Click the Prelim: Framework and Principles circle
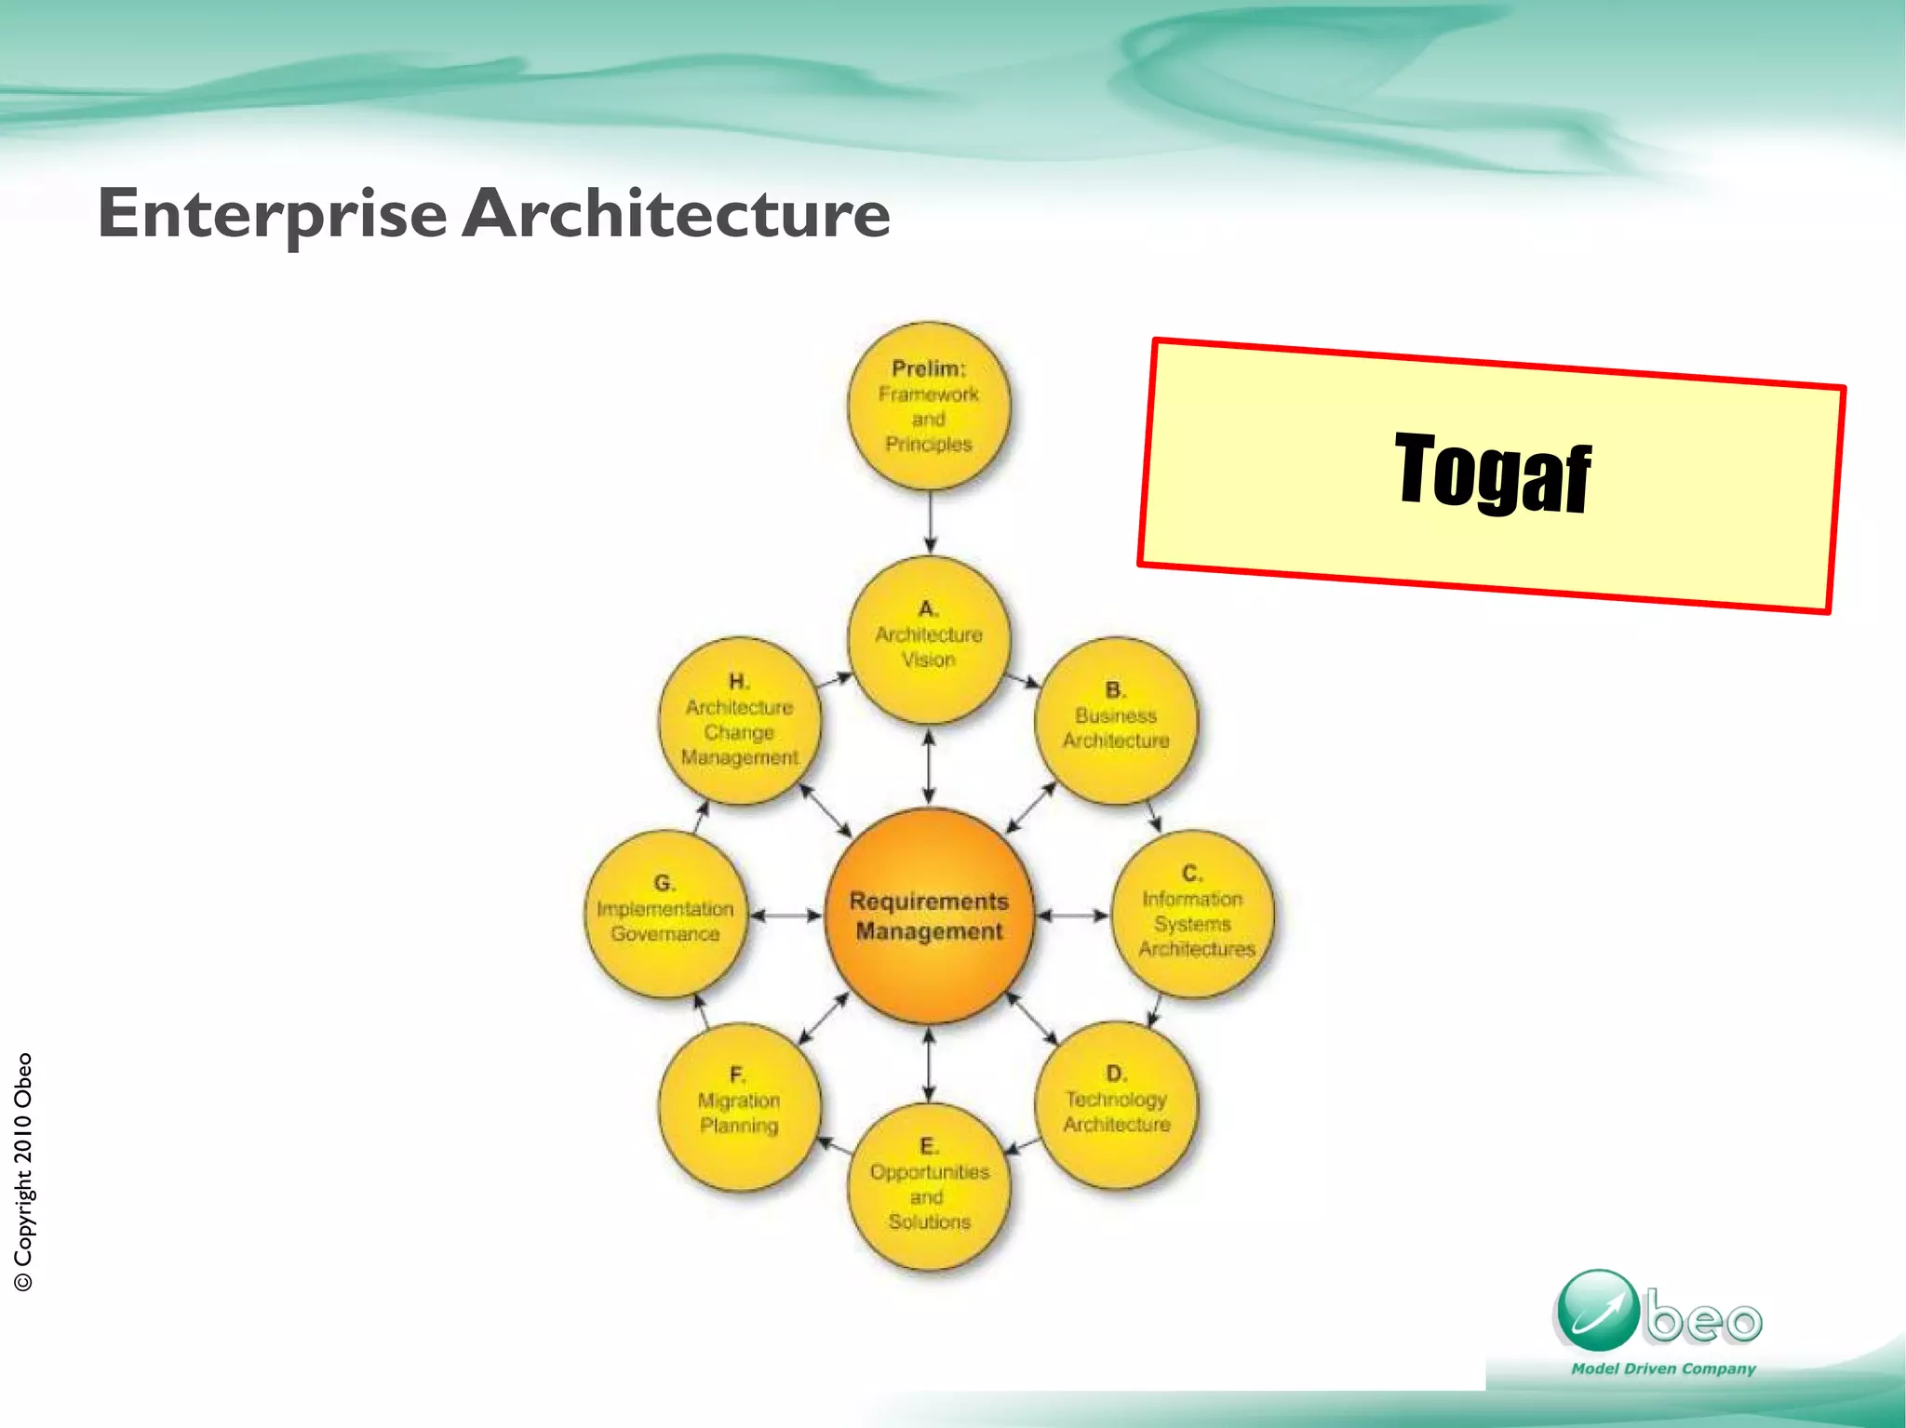coord(929,407)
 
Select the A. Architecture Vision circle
coord(929,640)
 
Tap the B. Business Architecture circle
coord(1116,721)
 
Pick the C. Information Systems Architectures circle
coord(1192,914)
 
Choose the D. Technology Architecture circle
coord(1116,1105)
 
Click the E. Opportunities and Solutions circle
coord(929,1187)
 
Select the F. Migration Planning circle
coord(740,1106)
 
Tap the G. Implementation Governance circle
coord(665,914)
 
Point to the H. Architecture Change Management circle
coord(740,721)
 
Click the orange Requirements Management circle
coord(929,916)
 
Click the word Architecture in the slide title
coord(676,214)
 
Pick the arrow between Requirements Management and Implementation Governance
coord(785,915)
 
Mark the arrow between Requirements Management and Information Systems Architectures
coord(1072,915)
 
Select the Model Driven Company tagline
coord(1663,1368)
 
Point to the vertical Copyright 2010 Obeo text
coord(23,1172)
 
